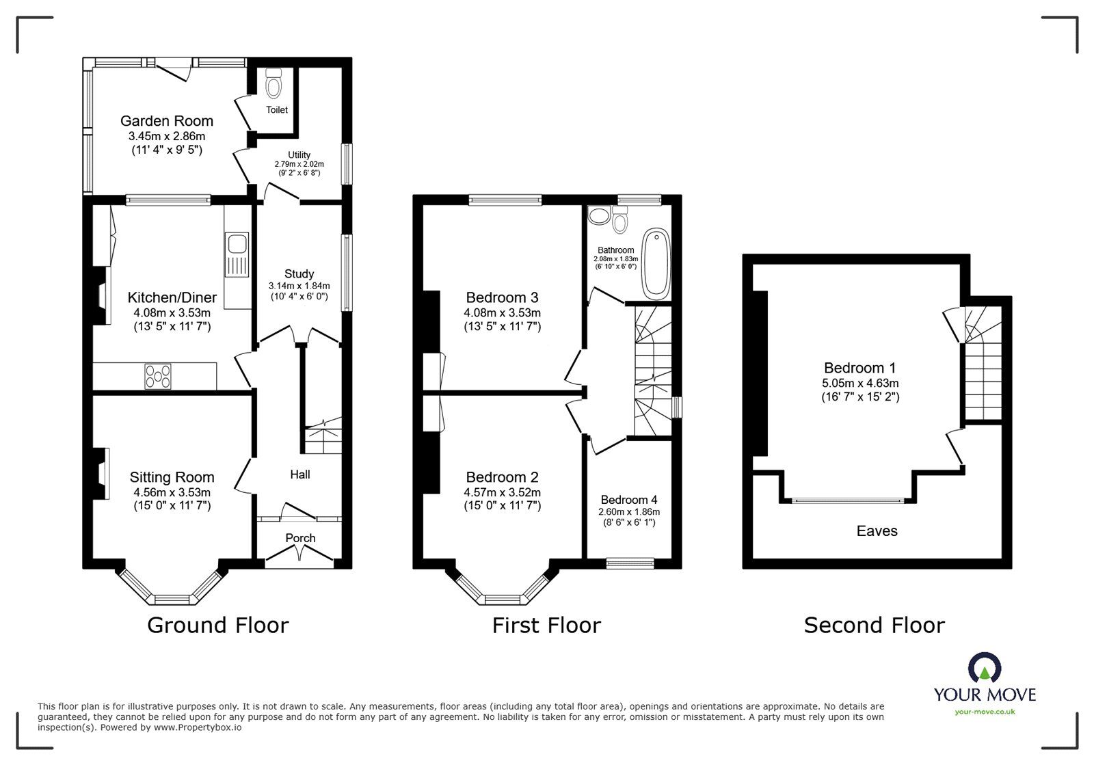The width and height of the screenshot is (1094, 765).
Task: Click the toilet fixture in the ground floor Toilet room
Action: [274, 85]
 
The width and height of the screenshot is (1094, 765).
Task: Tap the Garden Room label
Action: [167, 121]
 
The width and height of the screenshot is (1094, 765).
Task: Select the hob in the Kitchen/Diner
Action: [158, 376]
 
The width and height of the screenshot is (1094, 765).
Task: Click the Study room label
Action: [299, 274]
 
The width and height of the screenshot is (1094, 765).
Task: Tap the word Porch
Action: [300, 538]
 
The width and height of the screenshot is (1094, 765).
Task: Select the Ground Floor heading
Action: [218, 625]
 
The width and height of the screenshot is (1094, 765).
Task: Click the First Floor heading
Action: [546, 625]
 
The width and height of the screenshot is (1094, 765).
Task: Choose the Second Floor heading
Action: [874, 625]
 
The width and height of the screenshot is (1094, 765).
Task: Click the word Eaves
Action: [877, 531]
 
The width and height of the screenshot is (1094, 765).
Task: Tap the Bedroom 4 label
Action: [629, 500]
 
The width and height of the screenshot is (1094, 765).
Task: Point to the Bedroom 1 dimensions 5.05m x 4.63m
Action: [860, 383]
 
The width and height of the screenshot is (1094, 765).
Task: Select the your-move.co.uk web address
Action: [985, 712]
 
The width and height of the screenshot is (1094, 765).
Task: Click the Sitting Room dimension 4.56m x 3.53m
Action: [172, 492]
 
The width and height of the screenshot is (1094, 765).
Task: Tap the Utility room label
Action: [299, 155]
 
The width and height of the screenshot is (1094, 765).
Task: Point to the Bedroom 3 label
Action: [502, 297]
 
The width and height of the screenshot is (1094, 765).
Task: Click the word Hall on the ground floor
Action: [300, 474]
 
